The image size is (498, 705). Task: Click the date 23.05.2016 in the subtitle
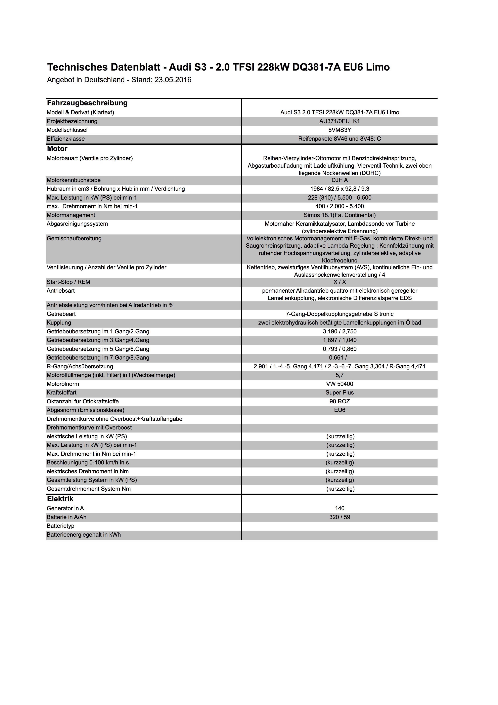point(173,80)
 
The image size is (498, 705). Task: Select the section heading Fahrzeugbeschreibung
point(87,103)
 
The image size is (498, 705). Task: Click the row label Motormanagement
point(71,215)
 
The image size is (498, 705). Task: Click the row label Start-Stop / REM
point(69,282)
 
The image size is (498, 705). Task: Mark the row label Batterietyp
point(60,526)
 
